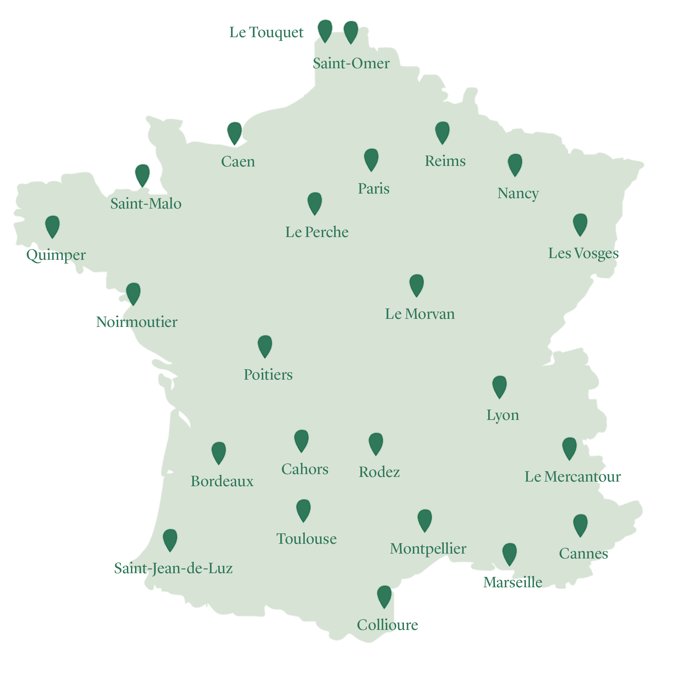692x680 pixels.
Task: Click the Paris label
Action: (373, 188)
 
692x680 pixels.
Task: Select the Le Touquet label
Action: (266, 33)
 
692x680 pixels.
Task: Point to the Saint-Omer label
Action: (351, 63)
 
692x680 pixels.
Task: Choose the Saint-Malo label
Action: (146, 204)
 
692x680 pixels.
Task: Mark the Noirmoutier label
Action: (137, 322)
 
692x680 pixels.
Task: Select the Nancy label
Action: (518, 193)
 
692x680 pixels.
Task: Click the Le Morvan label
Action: (420, 314)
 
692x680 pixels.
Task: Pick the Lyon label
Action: (503, 415)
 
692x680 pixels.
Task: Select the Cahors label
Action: (305, 469)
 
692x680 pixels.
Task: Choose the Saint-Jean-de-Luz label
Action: (174, 568)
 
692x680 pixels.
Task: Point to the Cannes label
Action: (583, 554)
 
